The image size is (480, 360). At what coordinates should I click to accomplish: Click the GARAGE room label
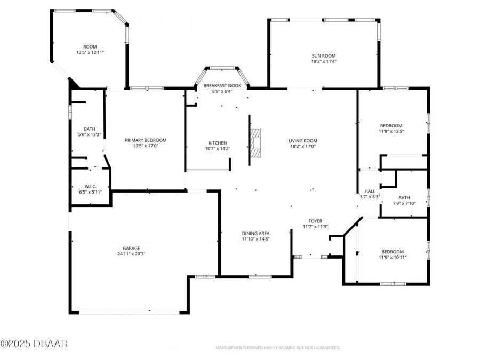click(131, 248)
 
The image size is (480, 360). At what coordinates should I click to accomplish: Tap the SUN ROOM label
click(324, 56)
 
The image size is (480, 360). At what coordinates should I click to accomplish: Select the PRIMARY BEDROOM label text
click(146, 140)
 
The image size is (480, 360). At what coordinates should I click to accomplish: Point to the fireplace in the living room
click(257, 143)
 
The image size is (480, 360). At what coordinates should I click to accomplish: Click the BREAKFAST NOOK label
click(222, 86)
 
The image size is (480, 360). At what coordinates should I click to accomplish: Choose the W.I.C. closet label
click(90, 186)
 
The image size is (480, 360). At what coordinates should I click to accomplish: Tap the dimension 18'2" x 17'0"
click(303, 146)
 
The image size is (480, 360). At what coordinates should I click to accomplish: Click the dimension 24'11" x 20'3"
click(131, 254)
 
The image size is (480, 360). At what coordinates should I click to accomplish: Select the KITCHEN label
click(218, 143)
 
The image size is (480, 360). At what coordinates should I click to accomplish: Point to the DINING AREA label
click(256, 233)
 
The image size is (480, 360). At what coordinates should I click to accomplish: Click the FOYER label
click(315, 221)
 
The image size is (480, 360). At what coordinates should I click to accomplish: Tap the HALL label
click(370, 191)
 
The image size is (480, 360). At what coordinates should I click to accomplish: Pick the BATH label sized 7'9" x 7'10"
click(404, 197)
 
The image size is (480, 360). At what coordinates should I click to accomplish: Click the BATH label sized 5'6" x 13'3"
click(90, 129)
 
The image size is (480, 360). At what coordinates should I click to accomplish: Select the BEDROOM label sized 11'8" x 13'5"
click(391, 125)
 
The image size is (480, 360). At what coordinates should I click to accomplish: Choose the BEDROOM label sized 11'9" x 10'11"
click(392, 252)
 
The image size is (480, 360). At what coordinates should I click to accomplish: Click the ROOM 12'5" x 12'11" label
click(90, 47)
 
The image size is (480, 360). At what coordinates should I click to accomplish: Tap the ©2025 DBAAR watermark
click(34, 343)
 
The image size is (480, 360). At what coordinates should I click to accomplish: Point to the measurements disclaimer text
click(277, 348)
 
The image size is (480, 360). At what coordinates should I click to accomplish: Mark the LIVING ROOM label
click(303, 140)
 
